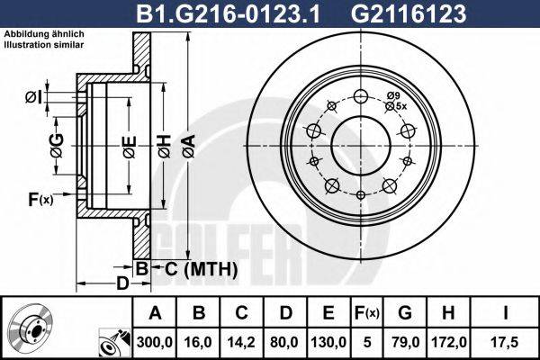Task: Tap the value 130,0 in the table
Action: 328,343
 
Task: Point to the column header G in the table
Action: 404,314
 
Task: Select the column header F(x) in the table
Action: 366,314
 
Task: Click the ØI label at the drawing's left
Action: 31,96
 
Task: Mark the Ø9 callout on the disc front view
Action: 393,95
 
